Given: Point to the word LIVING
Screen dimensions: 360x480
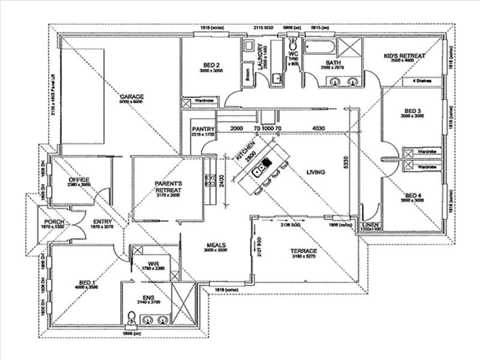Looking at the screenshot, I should (316, 172).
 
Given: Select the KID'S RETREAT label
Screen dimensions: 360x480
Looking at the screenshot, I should (404, 56).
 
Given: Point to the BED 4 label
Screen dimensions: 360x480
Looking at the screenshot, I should (413, 196).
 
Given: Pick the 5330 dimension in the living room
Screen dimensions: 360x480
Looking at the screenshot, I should (345, 162).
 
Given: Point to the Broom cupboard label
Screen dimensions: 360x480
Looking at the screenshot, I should (247, 76).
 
